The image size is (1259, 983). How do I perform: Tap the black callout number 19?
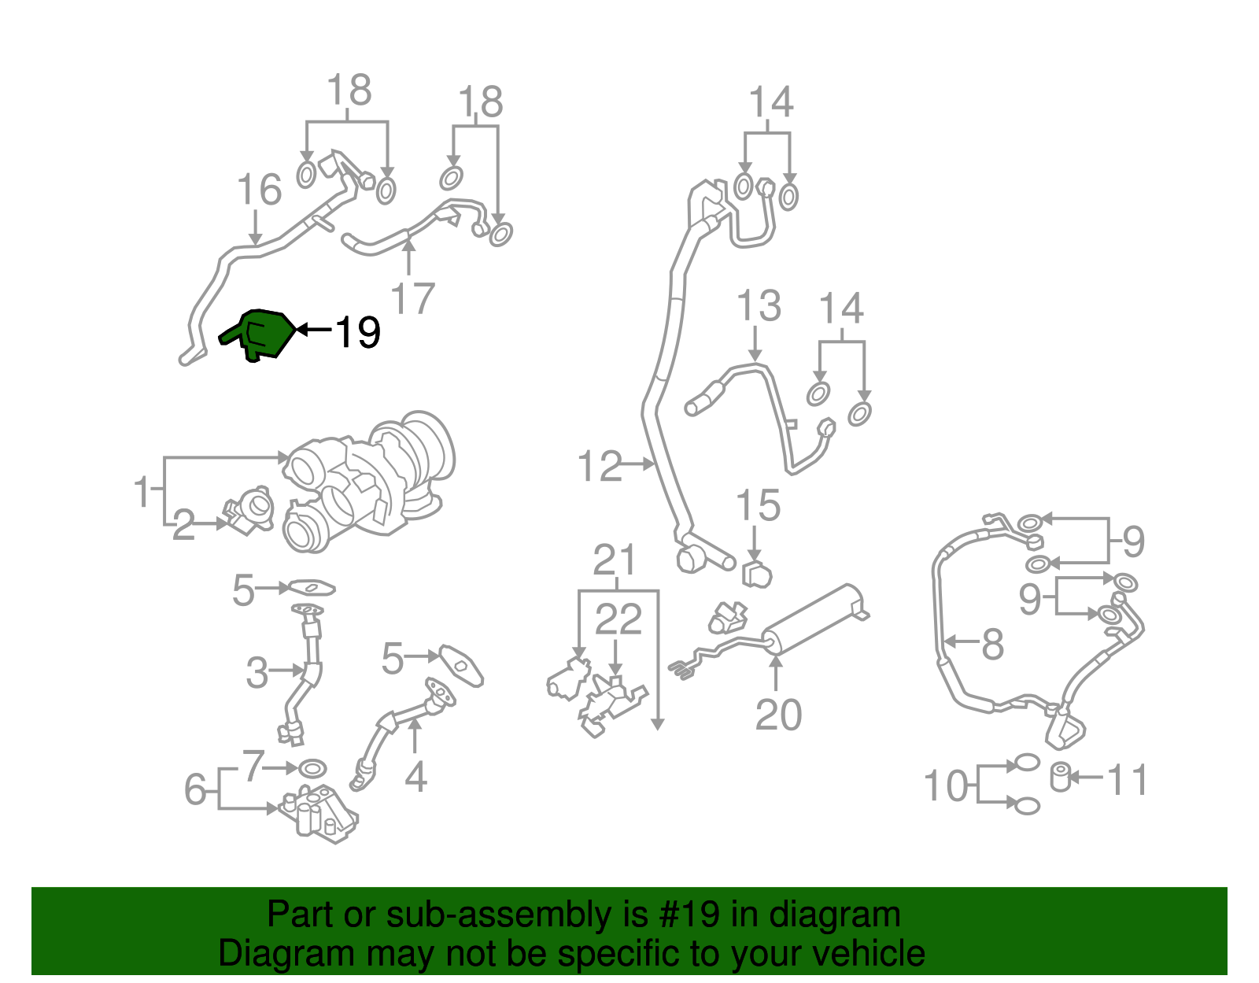tap(358, 333)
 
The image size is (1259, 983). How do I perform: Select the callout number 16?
tap(259, 190)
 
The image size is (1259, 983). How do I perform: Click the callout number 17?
tap(412, 299)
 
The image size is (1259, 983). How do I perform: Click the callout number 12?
tap(599, 466)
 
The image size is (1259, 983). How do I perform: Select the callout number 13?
tap(759, 305)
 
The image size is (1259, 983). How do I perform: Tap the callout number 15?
tap(758, 505)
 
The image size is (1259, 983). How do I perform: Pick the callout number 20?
tap(778, 715)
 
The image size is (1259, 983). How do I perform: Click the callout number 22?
tap(618, 619)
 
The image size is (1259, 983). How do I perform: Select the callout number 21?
tap(615, 560)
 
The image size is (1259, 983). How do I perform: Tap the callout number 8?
tap(992, 644)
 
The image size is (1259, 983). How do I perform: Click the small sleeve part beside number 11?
tap(1061, 777)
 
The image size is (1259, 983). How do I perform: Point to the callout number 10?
tap(945, 785)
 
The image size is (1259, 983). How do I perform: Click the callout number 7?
tap(253, 765)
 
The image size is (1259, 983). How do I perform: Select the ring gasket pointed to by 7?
tap(313, 767)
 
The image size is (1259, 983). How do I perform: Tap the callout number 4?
tap(415, 776)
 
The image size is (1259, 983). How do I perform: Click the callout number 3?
tap(257, 673)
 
